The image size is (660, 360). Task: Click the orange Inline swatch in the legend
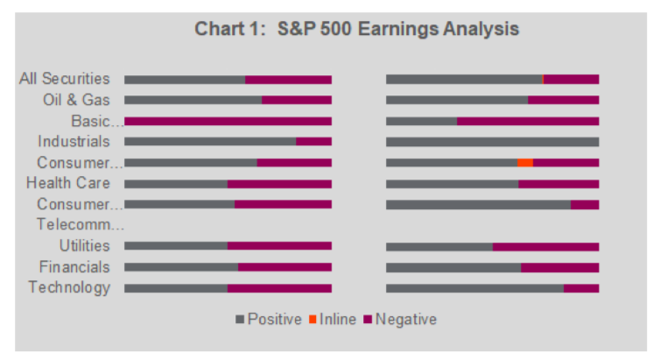click(x=312, y=320)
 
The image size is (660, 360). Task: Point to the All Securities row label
click(x=65, y=79)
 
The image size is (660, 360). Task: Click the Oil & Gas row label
click(x=76, y=100)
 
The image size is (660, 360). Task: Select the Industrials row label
click(x=74, y=141)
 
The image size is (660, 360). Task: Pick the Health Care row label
click(x=68, y=183)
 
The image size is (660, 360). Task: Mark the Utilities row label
click(x=84, y=246)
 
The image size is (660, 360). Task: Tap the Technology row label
click(x=69, y=287)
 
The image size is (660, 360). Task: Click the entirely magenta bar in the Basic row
click(x=228, y=121)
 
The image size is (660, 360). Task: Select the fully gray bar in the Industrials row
click(x=492, y=142)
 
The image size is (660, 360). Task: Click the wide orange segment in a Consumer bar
click(x=524, y=163)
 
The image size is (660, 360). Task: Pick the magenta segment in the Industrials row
click(x=313, y=142)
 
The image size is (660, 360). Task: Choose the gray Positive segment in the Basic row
click(x=421, y=121)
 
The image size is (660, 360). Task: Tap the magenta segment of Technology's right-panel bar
click(x=581, y=288)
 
